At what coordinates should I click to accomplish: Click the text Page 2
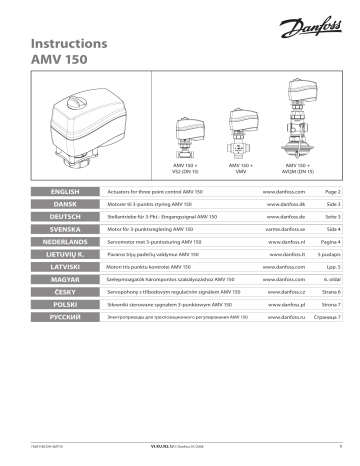pyautogui.click(x=332, y=189)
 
